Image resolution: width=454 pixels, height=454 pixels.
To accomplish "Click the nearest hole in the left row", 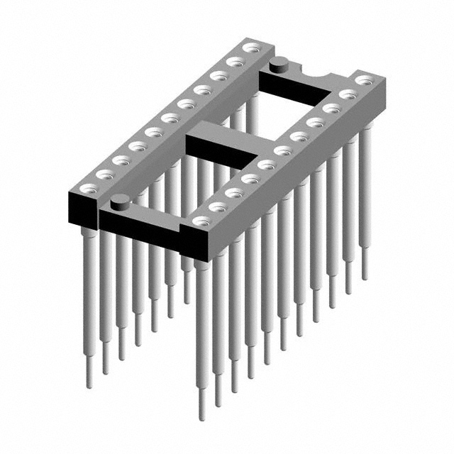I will (x=89, y=188).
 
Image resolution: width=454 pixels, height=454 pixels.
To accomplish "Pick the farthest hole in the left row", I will (x=250, y=48).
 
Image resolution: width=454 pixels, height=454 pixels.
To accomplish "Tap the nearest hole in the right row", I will (x=201, y=221).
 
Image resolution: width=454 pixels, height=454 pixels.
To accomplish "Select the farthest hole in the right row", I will (x=363, y=80).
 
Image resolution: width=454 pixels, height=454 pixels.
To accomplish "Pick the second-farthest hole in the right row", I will (x=347, y=94).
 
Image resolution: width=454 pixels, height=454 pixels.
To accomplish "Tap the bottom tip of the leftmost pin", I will (x=89, y=384).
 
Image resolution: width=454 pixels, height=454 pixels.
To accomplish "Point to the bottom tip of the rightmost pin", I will (x=365, y=276).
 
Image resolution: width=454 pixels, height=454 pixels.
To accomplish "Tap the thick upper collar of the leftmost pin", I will (x=89, y=233).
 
